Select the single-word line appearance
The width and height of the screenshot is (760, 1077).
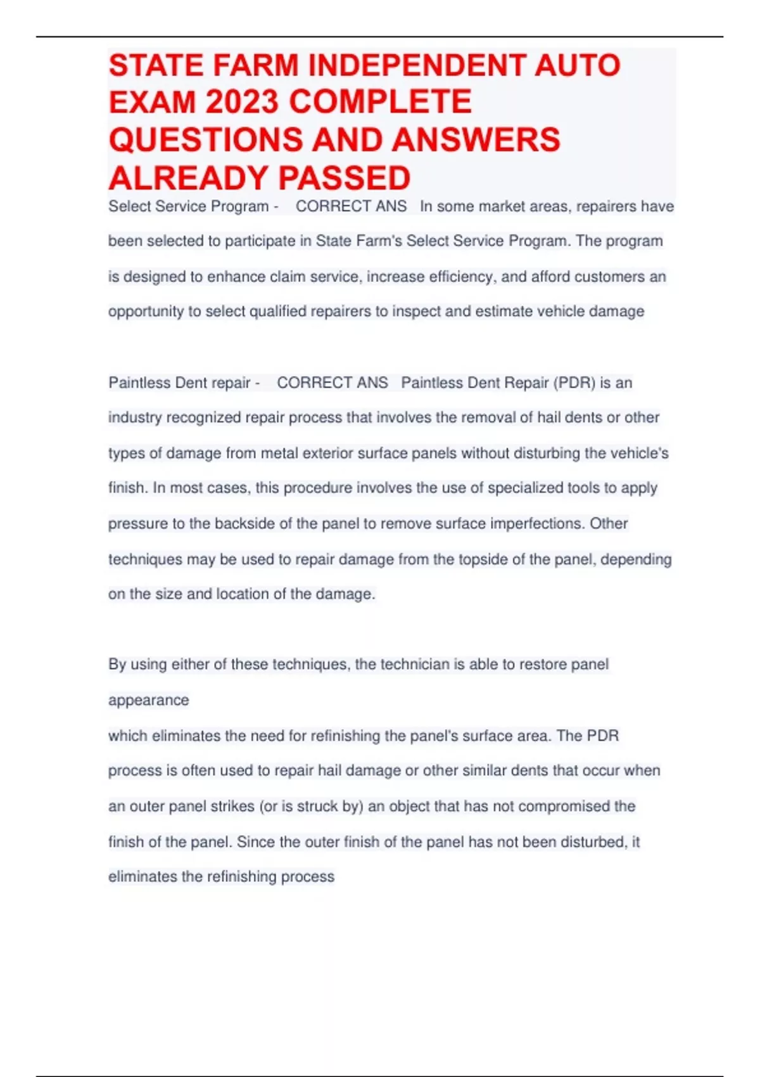coord(149,701)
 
